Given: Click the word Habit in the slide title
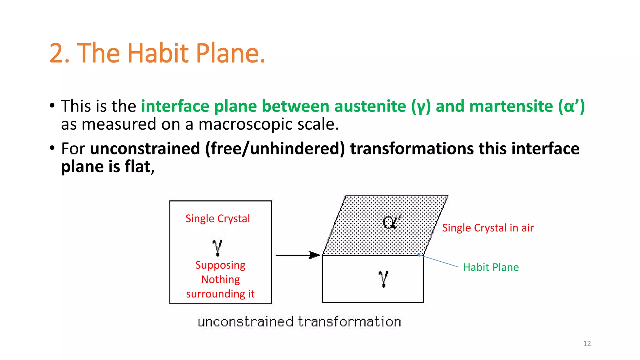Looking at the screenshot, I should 158,53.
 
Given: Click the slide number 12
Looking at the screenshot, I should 587,343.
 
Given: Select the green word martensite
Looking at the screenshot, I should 511,106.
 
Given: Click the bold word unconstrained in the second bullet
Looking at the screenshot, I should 145,148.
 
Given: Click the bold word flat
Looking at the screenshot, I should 138,167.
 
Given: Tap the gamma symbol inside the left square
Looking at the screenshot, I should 217,247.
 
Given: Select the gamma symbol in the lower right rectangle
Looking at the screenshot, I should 383,278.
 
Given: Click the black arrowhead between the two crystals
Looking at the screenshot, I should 314,255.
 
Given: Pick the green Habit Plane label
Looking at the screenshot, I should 491,267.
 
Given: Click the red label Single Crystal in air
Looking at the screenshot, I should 488,228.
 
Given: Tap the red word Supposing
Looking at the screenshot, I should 220,265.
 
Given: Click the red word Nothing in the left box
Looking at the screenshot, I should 220,279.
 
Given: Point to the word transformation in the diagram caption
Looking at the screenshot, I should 349,322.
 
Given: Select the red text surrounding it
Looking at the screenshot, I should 220,294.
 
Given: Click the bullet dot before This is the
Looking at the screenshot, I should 52,105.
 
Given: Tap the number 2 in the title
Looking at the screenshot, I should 56,53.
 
